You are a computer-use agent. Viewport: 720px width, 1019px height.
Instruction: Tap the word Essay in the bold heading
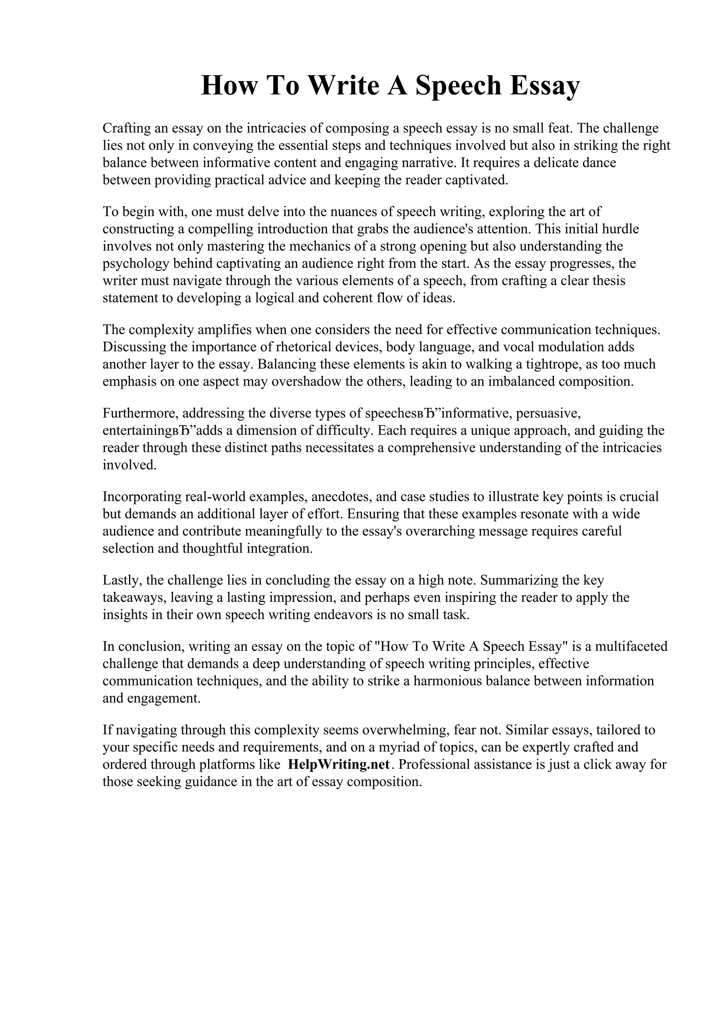tap(544, 86)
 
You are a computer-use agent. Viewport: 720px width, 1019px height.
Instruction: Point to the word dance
tap(599, 163)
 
